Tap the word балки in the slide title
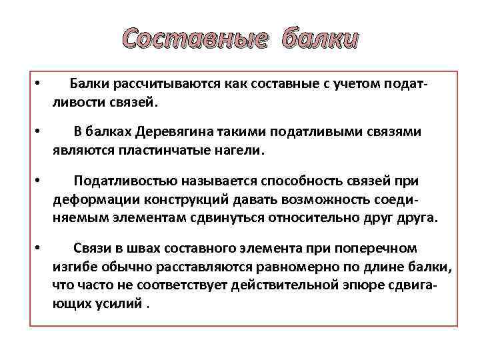pyautogui.click(x=319, y=41)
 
